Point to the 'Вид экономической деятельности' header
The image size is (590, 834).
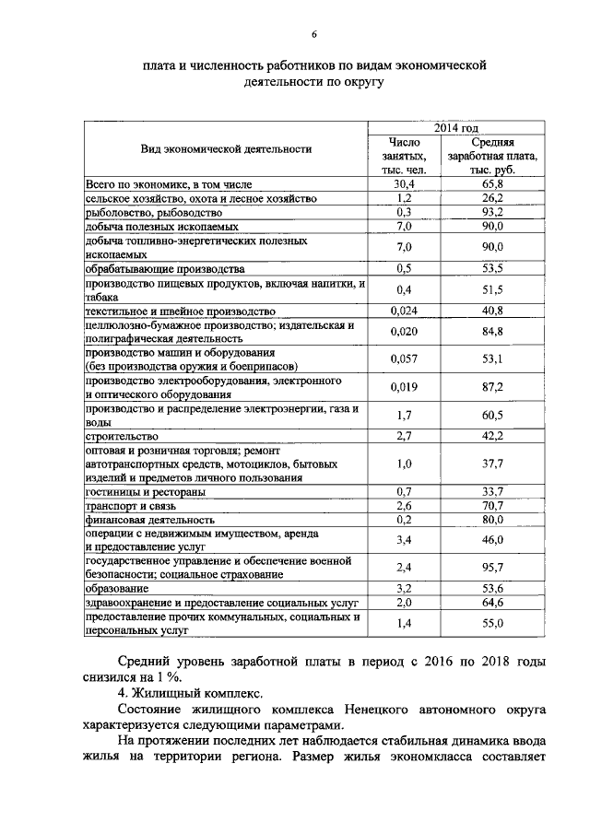[226, 148]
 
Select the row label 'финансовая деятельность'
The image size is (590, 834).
[149, 519]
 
